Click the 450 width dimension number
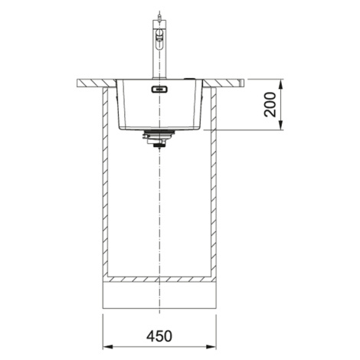[159, 336]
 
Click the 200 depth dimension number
[270, 104]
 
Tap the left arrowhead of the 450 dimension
[107, 347]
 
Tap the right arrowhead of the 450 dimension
[211, 347]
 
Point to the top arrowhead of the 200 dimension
[280, 84]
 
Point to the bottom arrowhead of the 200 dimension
[280, 125]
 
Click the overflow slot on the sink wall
[159, 90]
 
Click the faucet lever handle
[160, 36]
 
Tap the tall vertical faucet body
[159, 49]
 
